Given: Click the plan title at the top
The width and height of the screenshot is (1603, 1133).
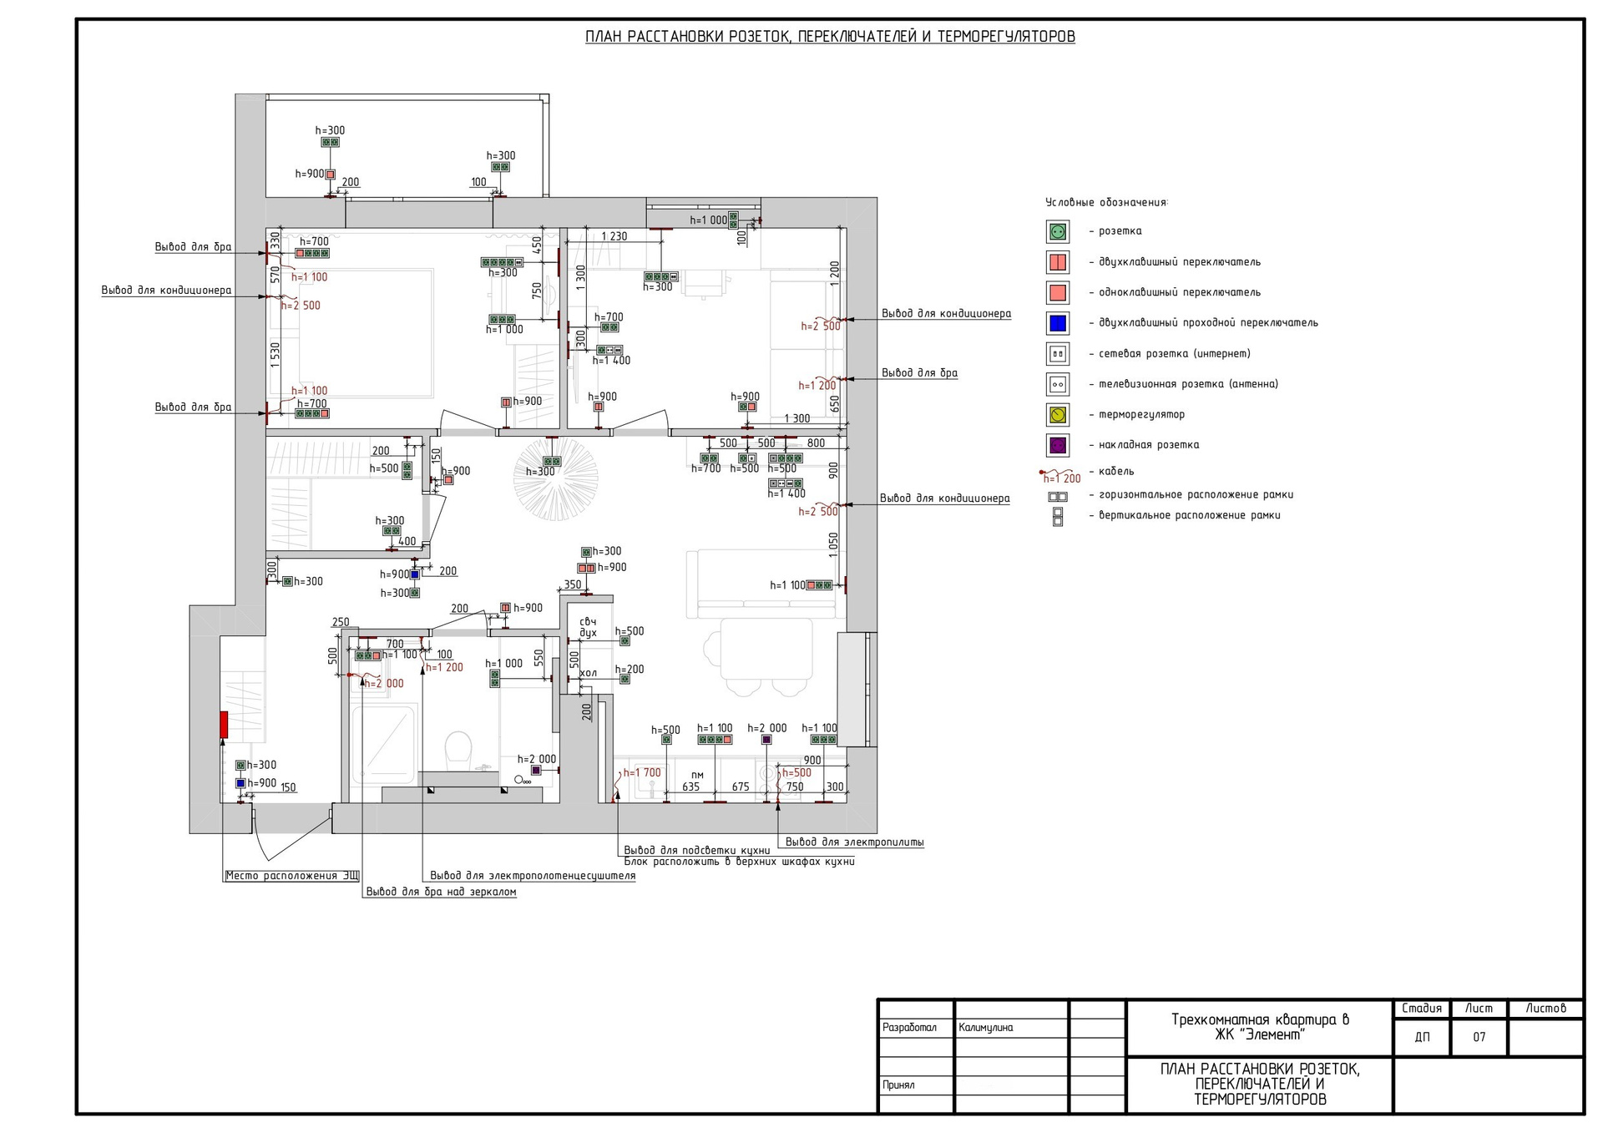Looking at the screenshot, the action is [830, 37].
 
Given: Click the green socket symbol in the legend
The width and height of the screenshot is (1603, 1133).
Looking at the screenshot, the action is [1058, 231].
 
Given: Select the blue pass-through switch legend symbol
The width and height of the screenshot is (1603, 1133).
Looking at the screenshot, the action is [1058, 323].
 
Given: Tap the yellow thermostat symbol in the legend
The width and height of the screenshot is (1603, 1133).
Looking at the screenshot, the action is [1058, 414].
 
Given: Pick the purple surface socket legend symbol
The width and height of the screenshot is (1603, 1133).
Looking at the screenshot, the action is [1058, 445].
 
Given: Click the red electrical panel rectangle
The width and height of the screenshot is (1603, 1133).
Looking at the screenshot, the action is [224, 724].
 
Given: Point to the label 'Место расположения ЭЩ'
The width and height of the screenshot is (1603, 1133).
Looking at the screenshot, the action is [292, 876].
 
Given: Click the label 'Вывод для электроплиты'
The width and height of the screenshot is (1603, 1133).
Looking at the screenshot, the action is [854, 842].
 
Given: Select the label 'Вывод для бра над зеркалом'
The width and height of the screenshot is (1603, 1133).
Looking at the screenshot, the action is [441, 892].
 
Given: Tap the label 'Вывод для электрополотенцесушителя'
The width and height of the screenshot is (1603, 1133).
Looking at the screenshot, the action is [533, 876].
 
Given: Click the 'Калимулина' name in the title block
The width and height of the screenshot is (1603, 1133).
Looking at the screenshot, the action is [986, 1028].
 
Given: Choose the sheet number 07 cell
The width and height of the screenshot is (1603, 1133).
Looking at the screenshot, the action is [1479, 1037].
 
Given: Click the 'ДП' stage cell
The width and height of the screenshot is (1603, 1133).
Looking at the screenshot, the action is [1422, 1037].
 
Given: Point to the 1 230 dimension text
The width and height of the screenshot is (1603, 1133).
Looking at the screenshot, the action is [614, 236].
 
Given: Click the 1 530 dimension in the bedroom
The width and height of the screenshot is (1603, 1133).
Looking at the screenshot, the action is [276, 355].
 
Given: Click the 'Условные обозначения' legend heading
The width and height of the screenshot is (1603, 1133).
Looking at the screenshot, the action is [1106, 203].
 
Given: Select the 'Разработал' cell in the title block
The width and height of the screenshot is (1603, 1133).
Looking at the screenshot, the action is [909, 1028].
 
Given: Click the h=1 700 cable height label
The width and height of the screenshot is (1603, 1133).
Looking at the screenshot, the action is [642, 773].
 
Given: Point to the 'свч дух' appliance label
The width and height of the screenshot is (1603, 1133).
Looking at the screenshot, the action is [588, 627].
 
